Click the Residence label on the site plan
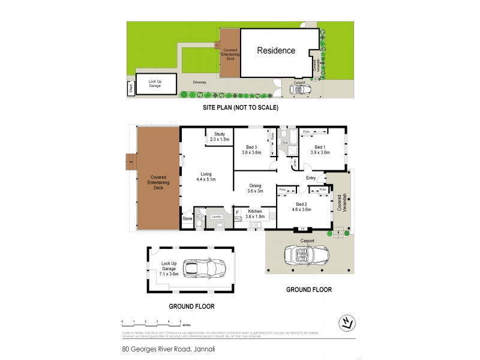(x=276, y=50)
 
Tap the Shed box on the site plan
(x=130, y=89)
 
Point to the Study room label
(x=219, y=134)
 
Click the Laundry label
(x=217, y=217)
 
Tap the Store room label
(x=187, y=219)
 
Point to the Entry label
(x=311, y=178)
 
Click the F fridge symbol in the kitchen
(x=237, y=212)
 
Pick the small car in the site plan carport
(x=300, y=89)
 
